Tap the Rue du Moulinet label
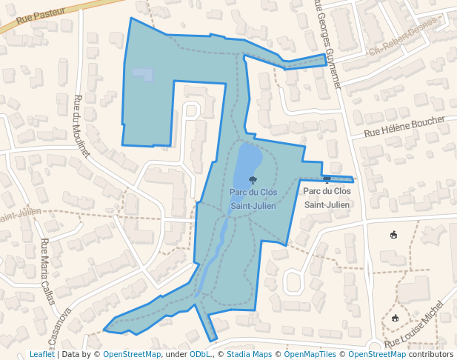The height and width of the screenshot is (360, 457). click(x=81, y=126)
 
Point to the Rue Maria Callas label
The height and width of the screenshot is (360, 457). click(x=47, y=271)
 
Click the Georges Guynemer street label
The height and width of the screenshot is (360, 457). click(x=327, y=44)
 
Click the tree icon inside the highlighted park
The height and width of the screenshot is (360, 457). click(x=253, y=180)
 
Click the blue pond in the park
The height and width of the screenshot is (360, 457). click(x=247, y=163)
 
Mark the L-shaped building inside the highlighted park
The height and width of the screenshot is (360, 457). click(x=144, y=73)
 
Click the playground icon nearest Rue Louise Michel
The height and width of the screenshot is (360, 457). click(x=395, y=318)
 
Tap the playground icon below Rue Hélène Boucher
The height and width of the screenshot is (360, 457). click(x=393, y=236)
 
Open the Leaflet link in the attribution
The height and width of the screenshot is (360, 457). click(x=41, y=355)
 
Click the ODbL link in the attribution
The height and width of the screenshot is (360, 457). click(x=200, y=355)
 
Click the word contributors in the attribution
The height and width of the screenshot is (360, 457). click(x=430, y=355)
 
